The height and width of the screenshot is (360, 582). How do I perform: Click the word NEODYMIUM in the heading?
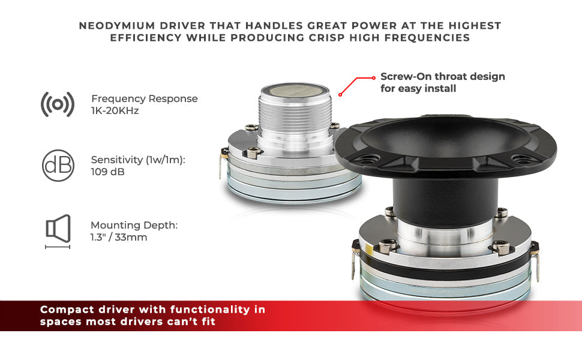117,26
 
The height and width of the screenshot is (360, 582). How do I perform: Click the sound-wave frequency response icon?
58,104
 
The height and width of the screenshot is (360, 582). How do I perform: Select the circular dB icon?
58,166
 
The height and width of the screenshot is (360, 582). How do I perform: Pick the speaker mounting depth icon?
58,232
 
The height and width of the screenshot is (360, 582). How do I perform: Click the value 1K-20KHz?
115,110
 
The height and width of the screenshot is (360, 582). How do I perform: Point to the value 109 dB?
107,172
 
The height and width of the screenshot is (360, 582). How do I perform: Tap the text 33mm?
131,237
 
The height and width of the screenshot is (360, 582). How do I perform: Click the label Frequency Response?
145,99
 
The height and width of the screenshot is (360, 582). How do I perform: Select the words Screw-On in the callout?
406,76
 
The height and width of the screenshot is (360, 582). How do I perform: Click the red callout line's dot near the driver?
340,95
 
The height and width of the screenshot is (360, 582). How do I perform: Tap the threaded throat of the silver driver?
295,115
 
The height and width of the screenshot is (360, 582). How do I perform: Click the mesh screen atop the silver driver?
295,90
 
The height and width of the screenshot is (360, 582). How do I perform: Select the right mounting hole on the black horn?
523,160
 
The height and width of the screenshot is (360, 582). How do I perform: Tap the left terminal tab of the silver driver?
223,163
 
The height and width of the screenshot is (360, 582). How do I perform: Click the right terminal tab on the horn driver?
535,262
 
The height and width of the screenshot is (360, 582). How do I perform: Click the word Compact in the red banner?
67,310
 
